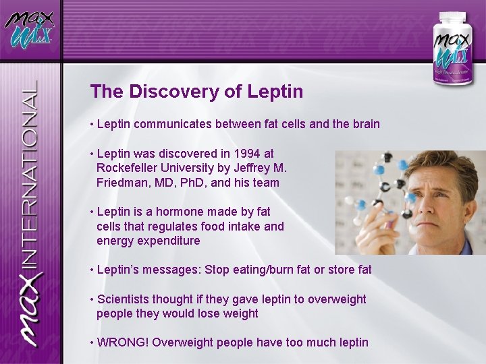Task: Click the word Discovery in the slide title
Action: coord(165,92)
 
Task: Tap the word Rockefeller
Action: coord(128,168)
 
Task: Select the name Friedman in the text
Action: coord(122,183)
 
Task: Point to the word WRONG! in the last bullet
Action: coord(123,342)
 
